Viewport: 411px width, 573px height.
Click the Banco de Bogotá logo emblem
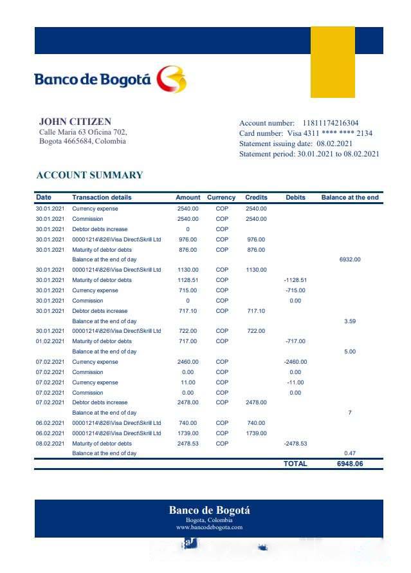click(x=172, y=79)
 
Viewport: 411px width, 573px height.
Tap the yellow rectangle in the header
click(x=333, y=62)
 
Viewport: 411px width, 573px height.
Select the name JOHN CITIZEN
click(x=75, y=121)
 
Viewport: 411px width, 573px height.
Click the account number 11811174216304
click(x=331, y=123)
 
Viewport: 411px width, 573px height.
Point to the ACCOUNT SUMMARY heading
click(x=89, y=175)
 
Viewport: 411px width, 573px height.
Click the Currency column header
click(x=221, y=198)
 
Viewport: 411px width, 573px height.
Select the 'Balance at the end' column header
click(x=349, y=198)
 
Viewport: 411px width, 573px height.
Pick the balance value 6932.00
click(x=349, y=259)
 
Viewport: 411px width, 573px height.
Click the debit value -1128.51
click(x=295, y=280)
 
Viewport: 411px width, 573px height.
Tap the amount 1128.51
click(x=188, y=280)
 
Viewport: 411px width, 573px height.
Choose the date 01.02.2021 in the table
click(x=50, y=341)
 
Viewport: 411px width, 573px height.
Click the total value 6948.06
click(x=349, y=464)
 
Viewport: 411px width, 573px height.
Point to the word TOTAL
click(x=295, y=464)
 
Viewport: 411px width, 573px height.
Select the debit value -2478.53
click(x=295, y=444)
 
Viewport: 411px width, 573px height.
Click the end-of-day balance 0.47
click(x=349, y=453)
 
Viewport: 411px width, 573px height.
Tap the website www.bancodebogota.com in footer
click(x=209, y=527)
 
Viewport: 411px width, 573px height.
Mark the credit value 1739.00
click(x=255, y=433)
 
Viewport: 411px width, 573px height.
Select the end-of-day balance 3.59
click(x=349, y=321)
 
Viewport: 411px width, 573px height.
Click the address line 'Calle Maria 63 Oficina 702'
click(x=83, y=132)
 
